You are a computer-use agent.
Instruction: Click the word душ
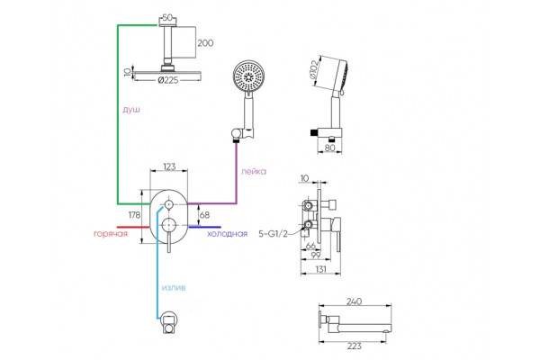tap(131, 110)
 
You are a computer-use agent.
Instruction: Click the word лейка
tap(254, 171)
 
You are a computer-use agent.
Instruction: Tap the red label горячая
tap(111, 234)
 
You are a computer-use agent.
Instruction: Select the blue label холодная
tap(227, 234)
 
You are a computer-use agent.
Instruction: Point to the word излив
tap(174, 287)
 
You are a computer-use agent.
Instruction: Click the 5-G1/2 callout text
tap(273, 234)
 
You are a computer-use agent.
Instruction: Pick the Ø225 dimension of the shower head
tap(168, 80)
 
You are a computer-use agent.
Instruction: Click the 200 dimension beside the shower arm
tap(205, 43)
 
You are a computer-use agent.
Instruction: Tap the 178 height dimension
tap(134, 215)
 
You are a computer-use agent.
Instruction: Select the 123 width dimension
tap(169, 166)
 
